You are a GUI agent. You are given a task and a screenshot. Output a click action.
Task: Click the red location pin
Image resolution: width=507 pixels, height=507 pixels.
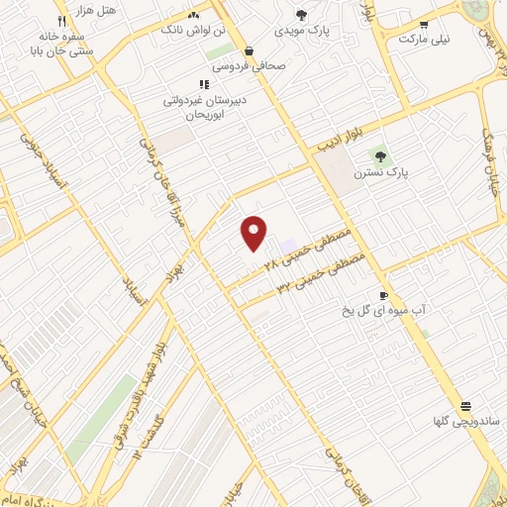coord(254,232)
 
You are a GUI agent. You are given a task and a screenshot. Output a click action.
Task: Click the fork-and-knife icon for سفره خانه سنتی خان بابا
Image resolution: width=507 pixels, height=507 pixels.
coord(61,20)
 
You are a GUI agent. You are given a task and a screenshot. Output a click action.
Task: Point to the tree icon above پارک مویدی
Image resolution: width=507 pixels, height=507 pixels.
coord(302,15)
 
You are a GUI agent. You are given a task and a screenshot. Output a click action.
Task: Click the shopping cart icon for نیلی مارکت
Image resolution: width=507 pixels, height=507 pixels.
coord(424,25)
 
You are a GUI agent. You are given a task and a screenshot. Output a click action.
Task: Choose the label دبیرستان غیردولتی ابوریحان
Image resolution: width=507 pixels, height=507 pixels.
coord(203,107)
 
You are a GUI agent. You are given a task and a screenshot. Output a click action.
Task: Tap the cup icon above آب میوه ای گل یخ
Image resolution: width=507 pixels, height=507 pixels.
coord(383,296)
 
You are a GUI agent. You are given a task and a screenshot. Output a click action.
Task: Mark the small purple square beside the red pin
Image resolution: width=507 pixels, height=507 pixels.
coord(288,245)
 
